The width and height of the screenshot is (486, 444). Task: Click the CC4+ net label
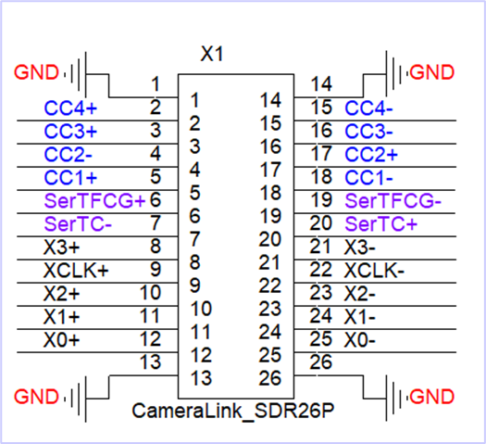click(x=71, y=108)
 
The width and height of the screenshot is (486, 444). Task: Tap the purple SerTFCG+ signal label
click(x=94, y=200)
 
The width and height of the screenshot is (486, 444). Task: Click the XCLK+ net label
click(x=75, y=270)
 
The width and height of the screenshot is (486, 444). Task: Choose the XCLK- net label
click(x=375, y=270)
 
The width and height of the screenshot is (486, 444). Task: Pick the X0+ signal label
click(x=62, y=339)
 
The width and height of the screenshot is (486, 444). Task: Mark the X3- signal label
click(x=361, y=247)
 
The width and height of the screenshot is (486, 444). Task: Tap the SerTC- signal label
click(x=78, y=223)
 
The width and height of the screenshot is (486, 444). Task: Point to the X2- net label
click(x=361, y=293)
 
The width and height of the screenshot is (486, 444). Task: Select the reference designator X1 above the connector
click(x=213, y=55)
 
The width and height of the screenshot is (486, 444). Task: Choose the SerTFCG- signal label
click(x=393, y=200)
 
